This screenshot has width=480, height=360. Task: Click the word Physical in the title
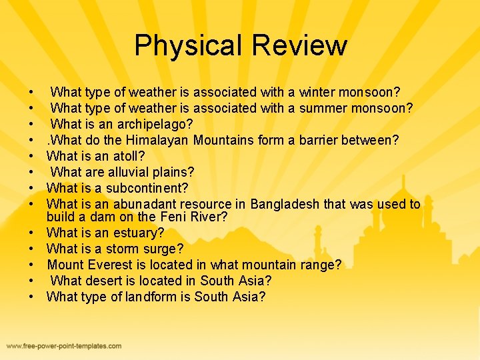coord(187,46)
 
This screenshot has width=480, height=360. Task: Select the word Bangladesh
coord(285,204)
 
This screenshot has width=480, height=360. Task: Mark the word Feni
coord(172,217)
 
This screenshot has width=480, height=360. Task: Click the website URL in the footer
coord(64,346)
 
